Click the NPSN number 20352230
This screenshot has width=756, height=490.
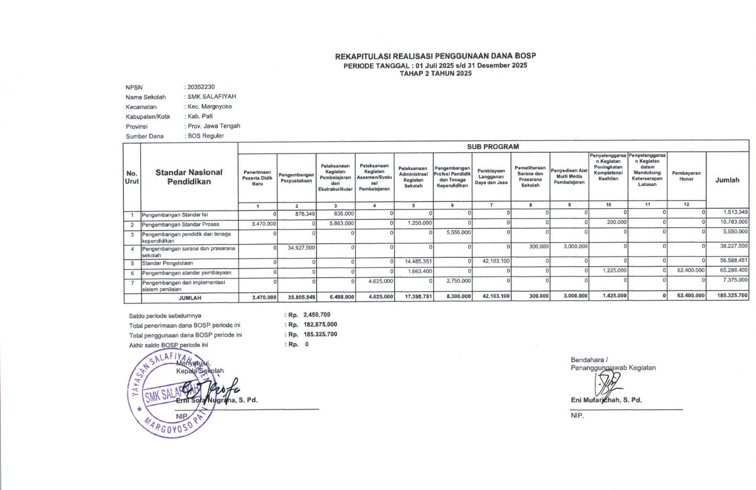point(201,87)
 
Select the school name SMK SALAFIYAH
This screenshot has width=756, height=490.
point(212,96)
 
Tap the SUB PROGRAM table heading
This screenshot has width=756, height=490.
point(493,147)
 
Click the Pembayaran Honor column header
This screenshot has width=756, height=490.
point(686,176)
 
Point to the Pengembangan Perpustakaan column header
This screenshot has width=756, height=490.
point(296,178)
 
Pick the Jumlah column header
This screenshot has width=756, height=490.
point(727,180)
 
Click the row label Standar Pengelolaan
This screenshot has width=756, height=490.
point(167,263)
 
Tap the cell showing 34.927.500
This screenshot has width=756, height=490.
point(301,247)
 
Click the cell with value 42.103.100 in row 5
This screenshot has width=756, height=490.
point(496,261)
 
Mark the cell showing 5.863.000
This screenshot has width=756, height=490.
point(341,223)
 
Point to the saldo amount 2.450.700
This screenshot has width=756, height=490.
point(317,315)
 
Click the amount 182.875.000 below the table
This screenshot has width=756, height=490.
point(320,324)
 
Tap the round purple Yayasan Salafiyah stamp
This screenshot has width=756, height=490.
point(170,394)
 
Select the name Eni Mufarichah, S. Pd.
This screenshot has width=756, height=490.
point(606,400)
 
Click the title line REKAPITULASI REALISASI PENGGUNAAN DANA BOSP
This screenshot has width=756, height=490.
point(435,56)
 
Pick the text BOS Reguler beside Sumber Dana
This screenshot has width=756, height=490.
point(206,136)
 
